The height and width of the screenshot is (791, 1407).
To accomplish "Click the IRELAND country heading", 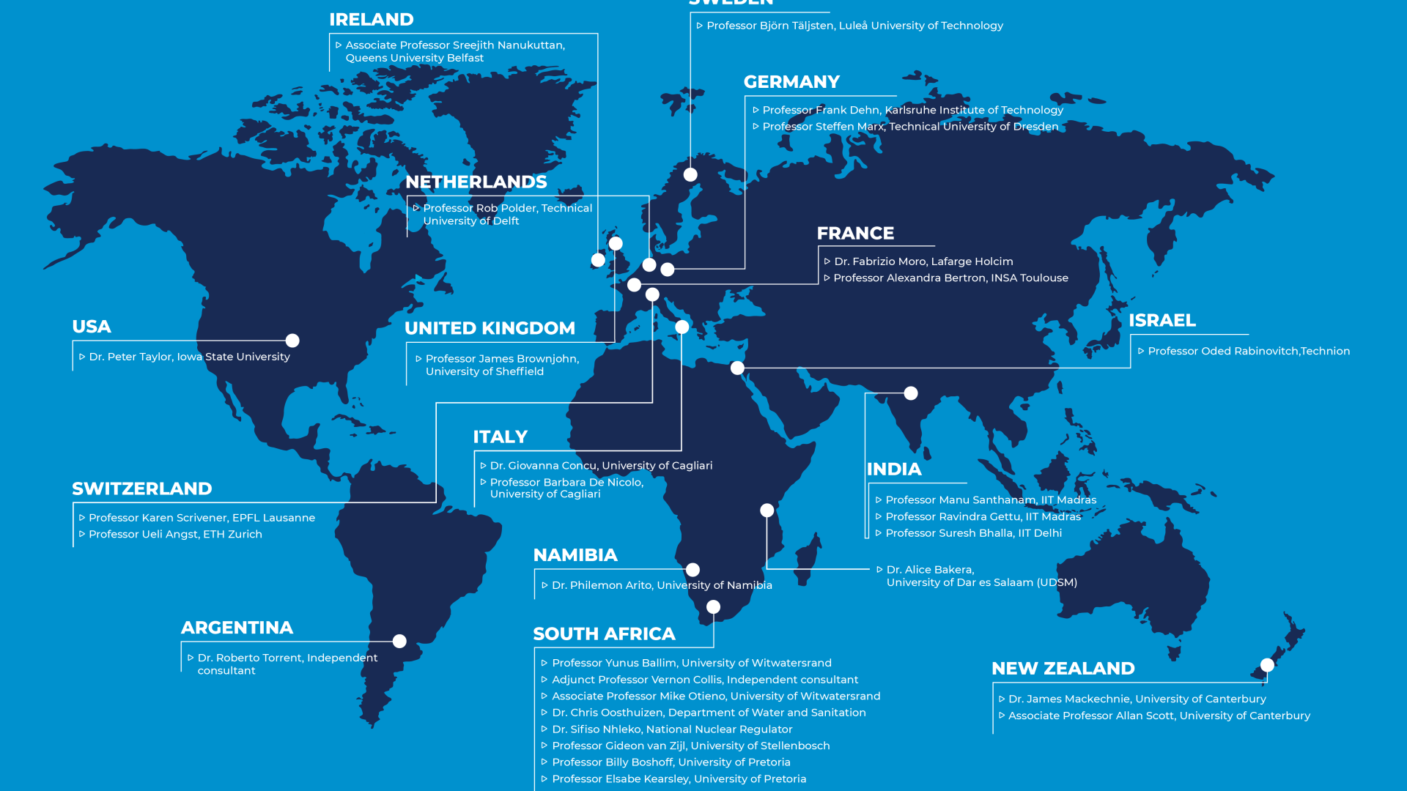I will tap(372, 20).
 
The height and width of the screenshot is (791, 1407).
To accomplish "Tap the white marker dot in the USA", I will tap(292, 341).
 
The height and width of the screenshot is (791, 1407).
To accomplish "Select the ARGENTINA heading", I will tap(237, 628).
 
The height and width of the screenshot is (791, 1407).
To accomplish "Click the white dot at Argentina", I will tap(399, 642).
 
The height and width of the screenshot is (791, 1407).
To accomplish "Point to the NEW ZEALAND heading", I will tap(1063, 669).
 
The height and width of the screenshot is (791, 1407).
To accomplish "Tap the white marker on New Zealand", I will tap(1267, 665).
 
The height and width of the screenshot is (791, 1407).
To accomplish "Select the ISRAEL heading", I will tap(1162, 321).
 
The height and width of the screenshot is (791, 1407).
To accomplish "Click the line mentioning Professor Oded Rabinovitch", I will tap(1248, 352).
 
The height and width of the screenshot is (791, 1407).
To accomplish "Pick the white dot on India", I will tap(911, 393).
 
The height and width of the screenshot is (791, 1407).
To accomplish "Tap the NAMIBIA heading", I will tap(575, 555).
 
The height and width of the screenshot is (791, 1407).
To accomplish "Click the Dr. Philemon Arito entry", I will tap(661, 585).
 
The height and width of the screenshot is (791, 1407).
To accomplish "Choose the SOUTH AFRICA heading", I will tap(604, 634).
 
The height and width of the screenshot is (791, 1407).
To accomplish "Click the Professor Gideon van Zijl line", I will tap(690, 746).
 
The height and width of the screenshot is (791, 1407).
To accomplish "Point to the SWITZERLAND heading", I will tap(142, 489).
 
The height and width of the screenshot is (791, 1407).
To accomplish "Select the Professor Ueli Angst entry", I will tap(175, 535).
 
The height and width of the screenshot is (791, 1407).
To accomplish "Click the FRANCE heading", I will tap(855, 234).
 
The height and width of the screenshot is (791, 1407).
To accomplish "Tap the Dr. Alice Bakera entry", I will tap(981, 576).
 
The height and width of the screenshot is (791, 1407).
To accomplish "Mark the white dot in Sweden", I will tap(690, 174).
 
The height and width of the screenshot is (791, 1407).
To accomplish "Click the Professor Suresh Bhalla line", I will tap(973, 533).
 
